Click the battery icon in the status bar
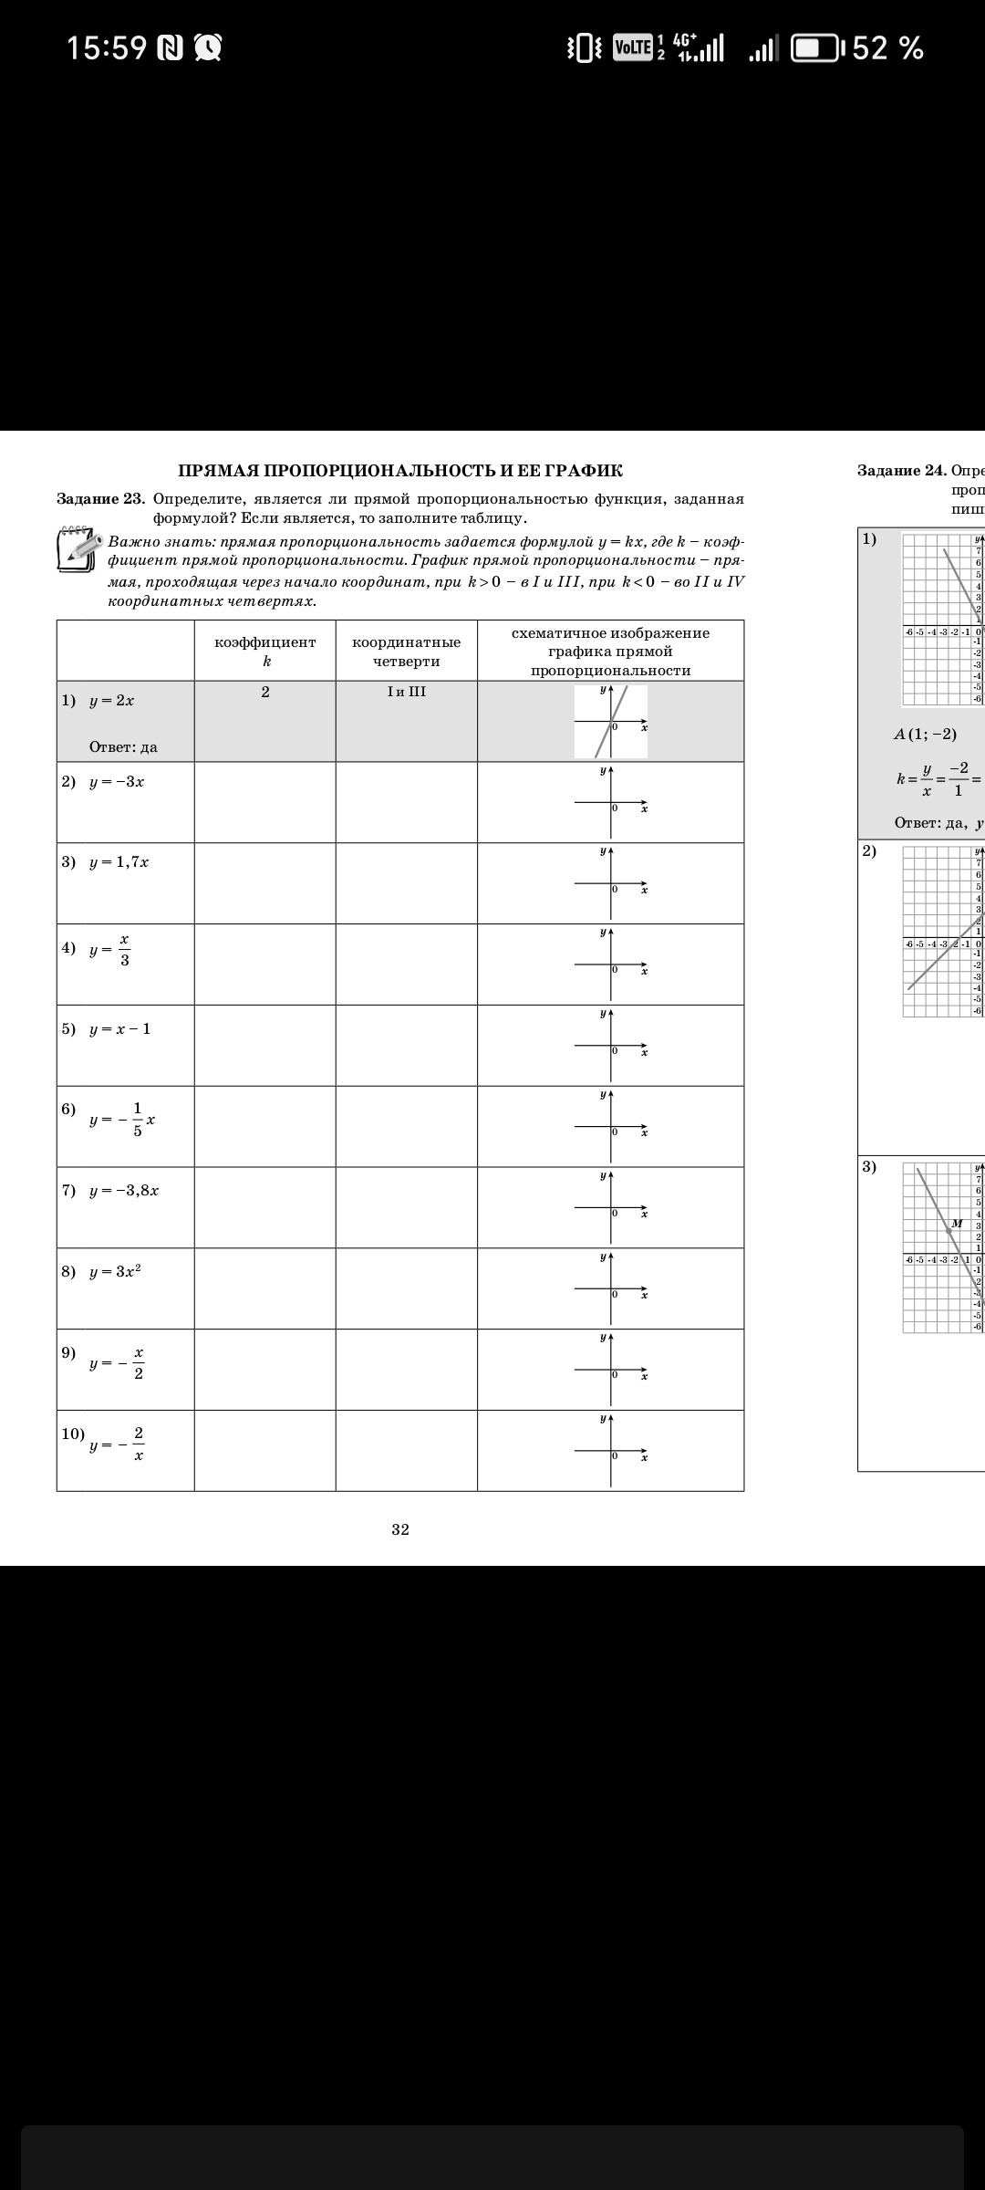[817, 47]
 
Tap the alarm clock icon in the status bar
[208, 47]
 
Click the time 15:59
[106, 47]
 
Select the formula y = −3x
[117, 782]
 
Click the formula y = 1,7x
[119, 862]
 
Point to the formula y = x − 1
[119, 1029]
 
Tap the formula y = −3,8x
[123, 1191]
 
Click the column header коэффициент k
[265, 651]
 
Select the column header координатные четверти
[406, 651]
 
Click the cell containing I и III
[406, 692]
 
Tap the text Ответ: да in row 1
[123, 747]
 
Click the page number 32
[400, 1529]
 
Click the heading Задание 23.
[100, 499]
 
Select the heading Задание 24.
[901, 471]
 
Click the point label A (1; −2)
[925, 734]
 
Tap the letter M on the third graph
[957, 1224]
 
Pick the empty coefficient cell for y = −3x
[265, 802]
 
